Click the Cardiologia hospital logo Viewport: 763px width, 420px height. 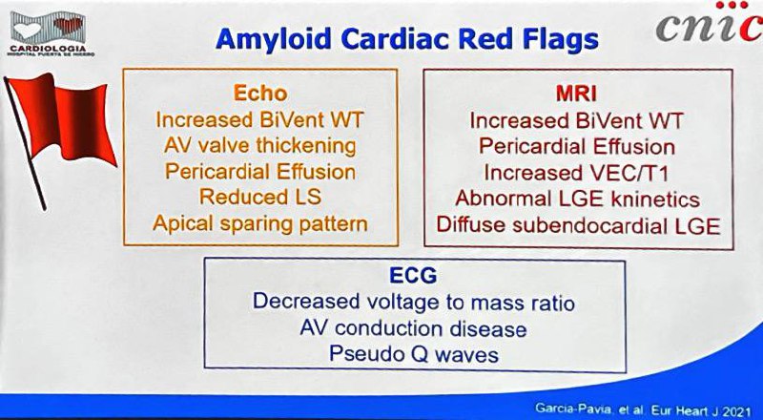[x=50, y=33]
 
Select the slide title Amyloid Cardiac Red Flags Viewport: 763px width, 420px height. [x=407, y=39]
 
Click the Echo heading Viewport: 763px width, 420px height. [x=260, y=93]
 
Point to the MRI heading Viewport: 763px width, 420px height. [x=576, y=94]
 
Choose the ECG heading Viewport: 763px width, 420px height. [x=413, y=275]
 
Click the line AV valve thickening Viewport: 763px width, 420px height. [x=259, y=146]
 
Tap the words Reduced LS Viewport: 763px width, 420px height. [x=260, y=197]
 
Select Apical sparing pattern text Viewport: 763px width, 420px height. [x=260, y=223]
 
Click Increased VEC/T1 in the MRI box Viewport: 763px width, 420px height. [x=576, y=173]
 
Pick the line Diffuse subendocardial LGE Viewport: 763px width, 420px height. [x=578, y=225]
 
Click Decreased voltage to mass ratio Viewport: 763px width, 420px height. [x=414, y=302]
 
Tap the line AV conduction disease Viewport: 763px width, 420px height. [x=413, y=328]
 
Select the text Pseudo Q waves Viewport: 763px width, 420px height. [x=414, y=354]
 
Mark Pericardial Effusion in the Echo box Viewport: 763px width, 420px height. [x=259, y=172]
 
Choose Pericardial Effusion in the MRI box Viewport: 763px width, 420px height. [x=577, y=147]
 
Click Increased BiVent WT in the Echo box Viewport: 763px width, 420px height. [x=259, y=120]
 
